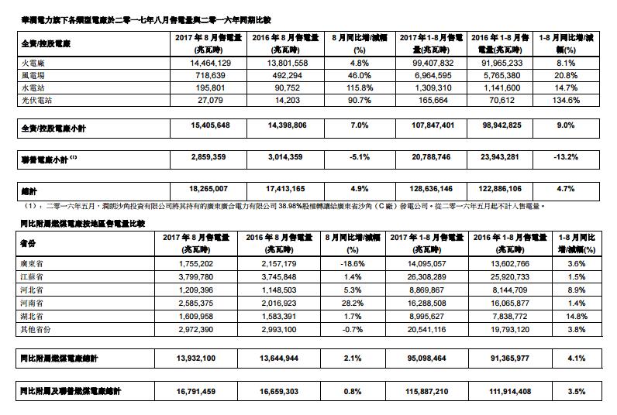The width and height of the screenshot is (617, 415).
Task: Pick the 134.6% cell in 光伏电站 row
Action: pyautogui.click(x=582, y=101)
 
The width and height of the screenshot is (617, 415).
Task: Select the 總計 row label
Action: pyautogui.click(x=27, y=189)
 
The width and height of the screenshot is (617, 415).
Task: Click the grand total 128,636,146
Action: pyautogui.click(x=429, y=189)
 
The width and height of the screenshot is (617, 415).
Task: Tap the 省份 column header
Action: pyautogui.click(x=28, y=241)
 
